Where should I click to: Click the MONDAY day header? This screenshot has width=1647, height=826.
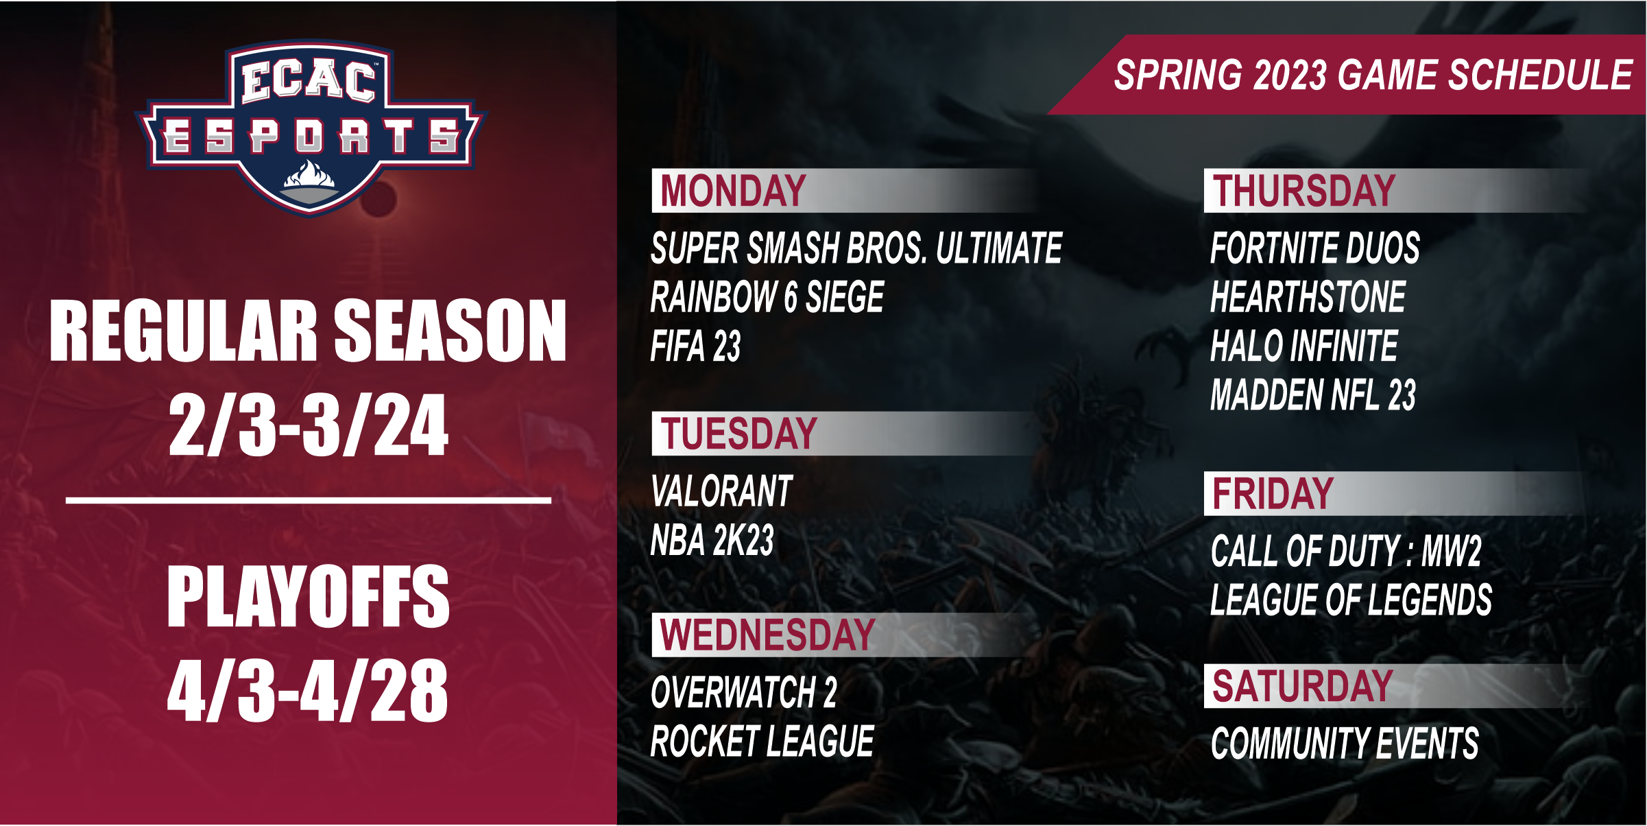[732, 191]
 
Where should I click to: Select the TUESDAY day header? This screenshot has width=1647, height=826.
[738, 434]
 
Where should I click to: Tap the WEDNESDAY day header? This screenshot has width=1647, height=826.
[767, 635]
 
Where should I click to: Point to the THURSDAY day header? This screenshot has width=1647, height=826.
[1303, 191]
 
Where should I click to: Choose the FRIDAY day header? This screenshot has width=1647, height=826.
[1273, 494]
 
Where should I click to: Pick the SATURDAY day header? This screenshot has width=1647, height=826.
[1302, 686]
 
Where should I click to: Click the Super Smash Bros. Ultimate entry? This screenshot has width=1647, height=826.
[856, 248]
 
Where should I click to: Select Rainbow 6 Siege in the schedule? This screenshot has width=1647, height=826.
[767, 297]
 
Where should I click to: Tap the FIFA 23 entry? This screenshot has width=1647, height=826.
[695, 346]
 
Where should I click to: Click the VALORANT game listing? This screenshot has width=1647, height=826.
[721, 491]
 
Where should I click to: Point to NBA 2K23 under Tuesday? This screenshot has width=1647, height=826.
[712, 540]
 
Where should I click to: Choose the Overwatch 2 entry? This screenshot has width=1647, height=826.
[744, 692]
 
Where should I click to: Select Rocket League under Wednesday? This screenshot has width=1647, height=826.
[762, 741]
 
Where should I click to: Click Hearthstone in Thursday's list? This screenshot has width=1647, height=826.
[1308, 297]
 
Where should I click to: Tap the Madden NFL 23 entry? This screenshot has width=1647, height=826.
[1313, 395]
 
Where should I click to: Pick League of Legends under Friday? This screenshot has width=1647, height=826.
[1351, 600]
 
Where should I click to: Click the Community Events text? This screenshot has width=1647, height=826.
[1345, 744]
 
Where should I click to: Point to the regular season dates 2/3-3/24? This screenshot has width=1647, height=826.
[309, 425]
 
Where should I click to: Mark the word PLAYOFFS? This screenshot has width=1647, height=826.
[309, 596]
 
